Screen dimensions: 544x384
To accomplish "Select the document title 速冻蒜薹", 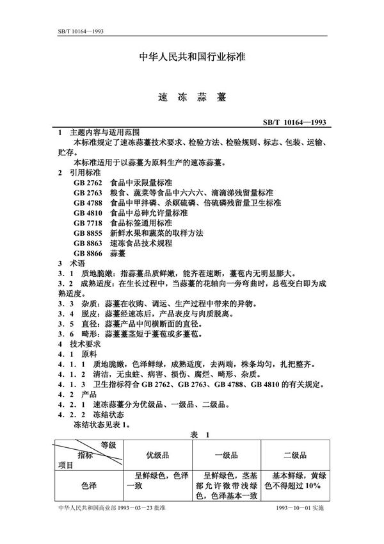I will [192, 99].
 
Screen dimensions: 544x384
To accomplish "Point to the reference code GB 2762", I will [88, 183].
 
